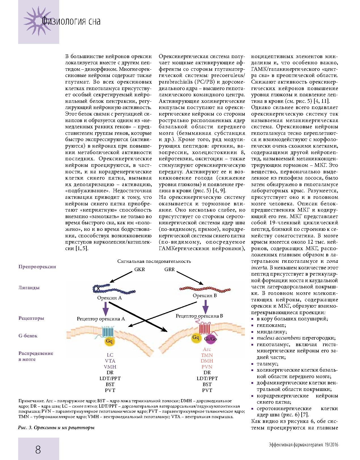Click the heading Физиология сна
point(71,22)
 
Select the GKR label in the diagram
point(139,269)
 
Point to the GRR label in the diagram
point(170,269)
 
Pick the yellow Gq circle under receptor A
point(109,341)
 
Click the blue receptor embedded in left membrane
point(108,331)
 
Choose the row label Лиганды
point(29,288)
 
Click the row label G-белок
point(28,336)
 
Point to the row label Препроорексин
point(37,267)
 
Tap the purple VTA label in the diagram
point(110,361)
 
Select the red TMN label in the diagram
point(207,355)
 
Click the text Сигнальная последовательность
point(154,261)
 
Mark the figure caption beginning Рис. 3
point(56,428)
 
